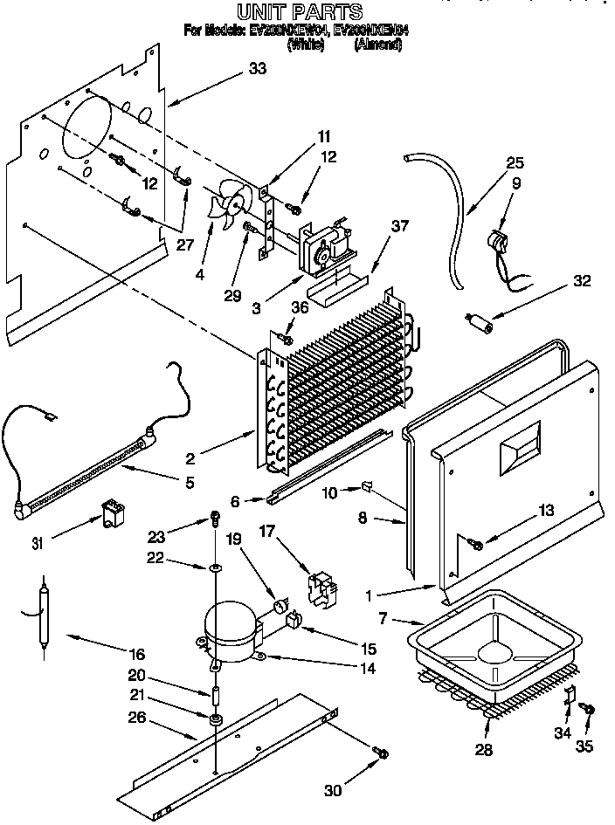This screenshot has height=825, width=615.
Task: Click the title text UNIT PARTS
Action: click(299, 11)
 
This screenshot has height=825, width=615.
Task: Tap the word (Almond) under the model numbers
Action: click(377, 45)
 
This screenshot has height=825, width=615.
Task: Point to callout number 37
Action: click(399, 226)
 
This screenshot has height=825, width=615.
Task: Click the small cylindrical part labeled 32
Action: click(480, 323)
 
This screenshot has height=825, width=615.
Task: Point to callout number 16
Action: click(138, 654)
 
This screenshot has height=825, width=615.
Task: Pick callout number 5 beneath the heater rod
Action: click(189, 483)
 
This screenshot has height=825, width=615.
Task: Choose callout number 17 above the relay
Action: click(268, 530)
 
